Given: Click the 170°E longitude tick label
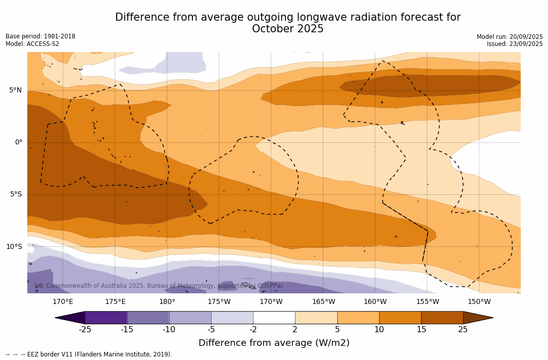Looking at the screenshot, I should (x=63, y=302).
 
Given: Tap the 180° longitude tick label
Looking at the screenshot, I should (x=167, y=302).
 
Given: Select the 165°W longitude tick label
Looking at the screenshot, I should (x=323, y=302).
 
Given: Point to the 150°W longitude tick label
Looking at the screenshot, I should (x=479, y=302).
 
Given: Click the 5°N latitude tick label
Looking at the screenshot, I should (x=15, y=90).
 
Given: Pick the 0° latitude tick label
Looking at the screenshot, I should (x=19, y=142).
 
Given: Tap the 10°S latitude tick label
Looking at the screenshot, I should (x=14, y=247).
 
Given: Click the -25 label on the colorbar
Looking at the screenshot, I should (x=85, y=330).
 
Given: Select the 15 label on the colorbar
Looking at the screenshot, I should (x=421, y=330).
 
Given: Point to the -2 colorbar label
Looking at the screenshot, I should (x=253, y=330).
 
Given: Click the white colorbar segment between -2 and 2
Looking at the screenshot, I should (x=274, y=318).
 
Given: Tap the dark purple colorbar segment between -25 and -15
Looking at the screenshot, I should (x=106, y=318).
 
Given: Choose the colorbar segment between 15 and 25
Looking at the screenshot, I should (x=442, y=318).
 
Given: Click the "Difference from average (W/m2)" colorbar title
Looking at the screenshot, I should (x=274, y=343).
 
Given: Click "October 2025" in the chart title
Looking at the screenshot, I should (x=288, y=29).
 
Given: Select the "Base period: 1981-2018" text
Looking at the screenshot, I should (x=40, y=36).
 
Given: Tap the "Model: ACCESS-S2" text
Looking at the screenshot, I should (x=32, y=44).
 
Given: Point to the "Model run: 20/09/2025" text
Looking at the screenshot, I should (x=510, y=37).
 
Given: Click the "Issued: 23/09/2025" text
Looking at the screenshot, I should (x=515, y=44).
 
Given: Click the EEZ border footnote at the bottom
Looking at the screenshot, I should (x=89, y=354).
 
